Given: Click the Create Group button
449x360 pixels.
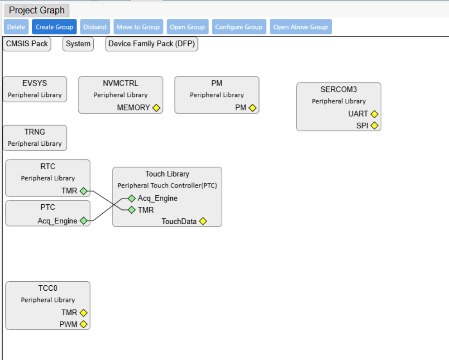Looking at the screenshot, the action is tap(54, 27).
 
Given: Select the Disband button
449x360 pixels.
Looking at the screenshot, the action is tap(95, 27).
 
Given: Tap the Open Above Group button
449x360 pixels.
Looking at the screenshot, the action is tap(301, 27).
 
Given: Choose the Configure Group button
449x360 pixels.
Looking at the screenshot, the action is tap(239, 27).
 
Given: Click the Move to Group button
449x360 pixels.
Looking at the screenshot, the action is tap(139, 27).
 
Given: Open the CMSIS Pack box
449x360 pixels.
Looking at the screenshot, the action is tap(27, 44).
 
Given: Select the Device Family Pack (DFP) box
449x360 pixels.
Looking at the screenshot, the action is tap(152, 44).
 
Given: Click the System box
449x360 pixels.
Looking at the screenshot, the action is tap(78, 44).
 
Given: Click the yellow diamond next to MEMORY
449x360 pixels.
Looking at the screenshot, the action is tap(156, 108).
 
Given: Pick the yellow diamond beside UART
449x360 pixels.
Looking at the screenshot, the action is tap(374, 114).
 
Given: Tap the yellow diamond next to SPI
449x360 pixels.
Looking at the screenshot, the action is tap(374, 125).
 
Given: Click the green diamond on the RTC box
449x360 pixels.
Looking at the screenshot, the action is tap(83, 191).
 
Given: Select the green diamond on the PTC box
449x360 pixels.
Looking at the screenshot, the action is tap(83, 221).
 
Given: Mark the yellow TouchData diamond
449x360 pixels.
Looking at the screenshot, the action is tap(203, 221).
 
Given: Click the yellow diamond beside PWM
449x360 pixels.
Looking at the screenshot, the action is tap(83, 324).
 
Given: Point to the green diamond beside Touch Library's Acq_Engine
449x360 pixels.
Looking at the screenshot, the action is tap(132, 198).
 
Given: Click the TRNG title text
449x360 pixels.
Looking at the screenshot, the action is tap(35, 132).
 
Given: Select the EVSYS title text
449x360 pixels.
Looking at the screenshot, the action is tap(35, 83).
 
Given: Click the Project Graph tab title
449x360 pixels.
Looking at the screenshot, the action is tap(37, 10).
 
